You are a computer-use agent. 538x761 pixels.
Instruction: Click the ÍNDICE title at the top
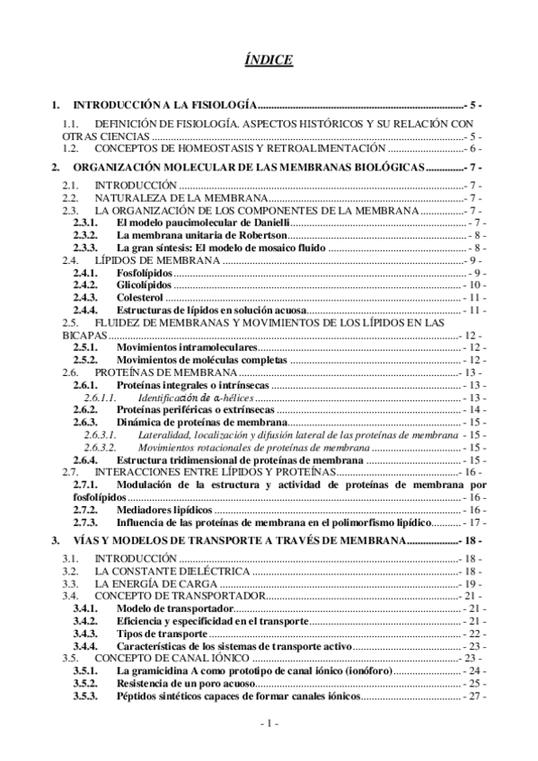click(268, 59)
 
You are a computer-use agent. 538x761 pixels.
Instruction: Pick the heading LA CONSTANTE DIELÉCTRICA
click(170, 571)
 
